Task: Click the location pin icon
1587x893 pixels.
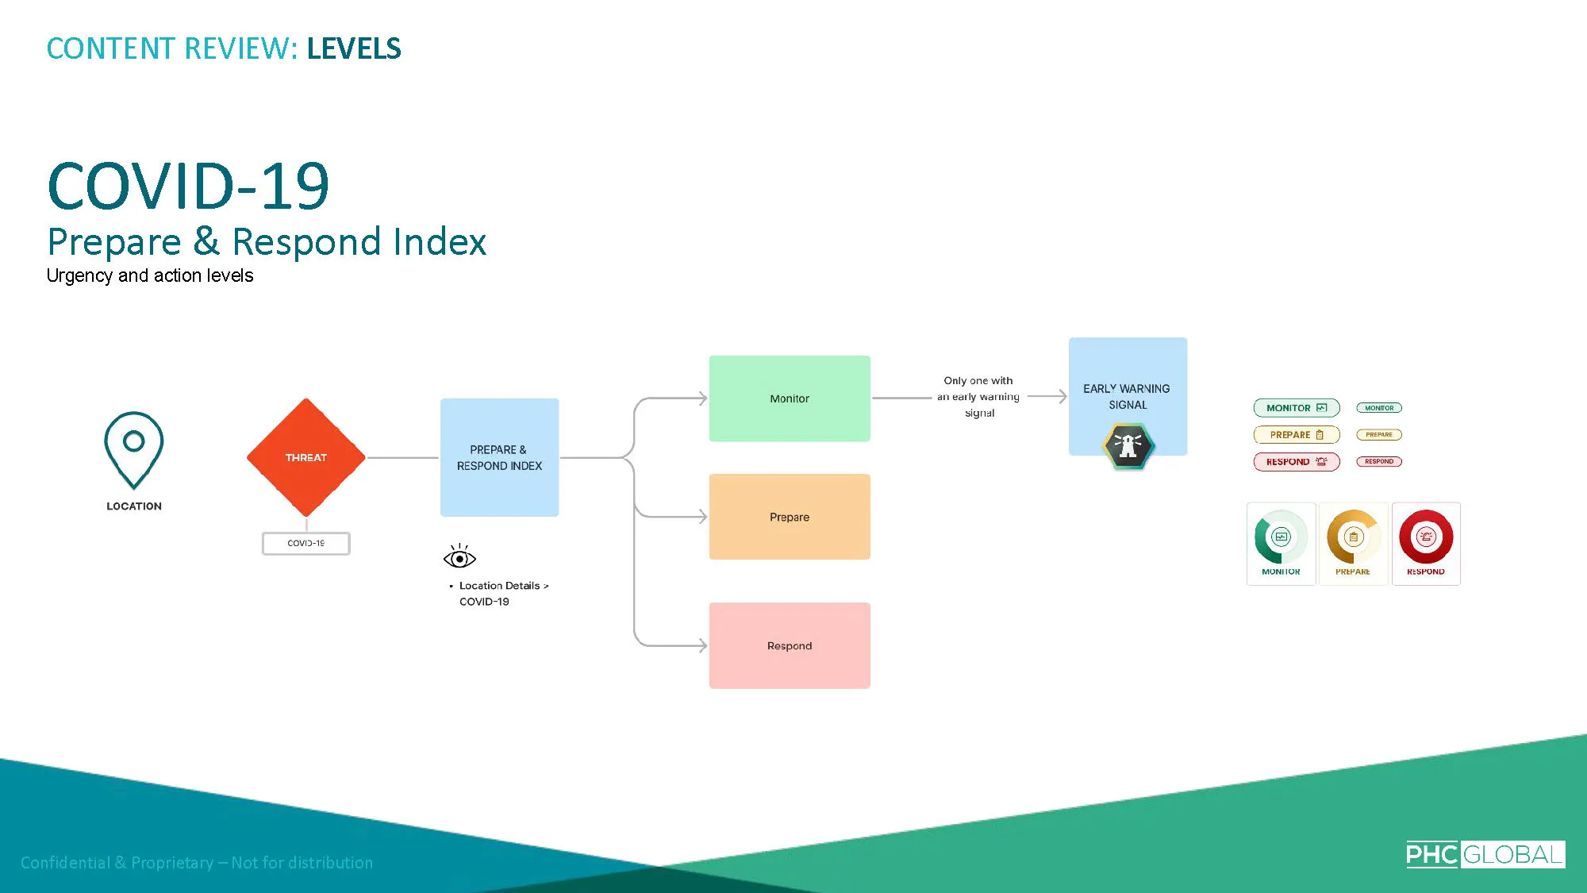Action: pyautogui.click(x=133, y=448)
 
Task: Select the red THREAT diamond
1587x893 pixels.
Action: pyautogui.click(x=305, y=457)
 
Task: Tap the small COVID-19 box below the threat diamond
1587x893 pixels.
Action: pyautogui.click(x=305, y=543)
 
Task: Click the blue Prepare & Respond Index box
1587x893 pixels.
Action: pyautogui.click(x=499, y=457)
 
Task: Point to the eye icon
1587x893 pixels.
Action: pyautogui.click(x=459, y=557)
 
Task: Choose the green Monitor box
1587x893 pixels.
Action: pyautogui.click(x=790, y=398)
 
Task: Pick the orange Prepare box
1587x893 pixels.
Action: pyautogui.click(x=790, y=517)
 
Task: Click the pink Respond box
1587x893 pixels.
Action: pyautogui.click(x=790, y=645)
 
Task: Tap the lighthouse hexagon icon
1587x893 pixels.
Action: pyautogui.click(x=1128, y=446)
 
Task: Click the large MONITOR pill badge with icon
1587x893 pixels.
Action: pyautogui.click(x=1296, y=408)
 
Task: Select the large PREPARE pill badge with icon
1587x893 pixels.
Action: pyautogui.click(x=1296, y=435)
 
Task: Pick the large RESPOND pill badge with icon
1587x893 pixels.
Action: pyautogui.click(x=1296, y=461)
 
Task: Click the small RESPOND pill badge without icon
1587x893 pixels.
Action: pyautogui.click(x=1379, y=461)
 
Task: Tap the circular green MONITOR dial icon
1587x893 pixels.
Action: pyautogui.click(x=1281, y=537)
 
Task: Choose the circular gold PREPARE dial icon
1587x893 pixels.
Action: pyautogui.click(x=1353, y=537)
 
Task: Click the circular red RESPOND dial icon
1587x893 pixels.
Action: pyautogui.click(x=1426, y=537)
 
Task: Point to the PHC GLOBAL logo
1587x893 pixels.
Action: pyautogui.click(x=1485, y=854)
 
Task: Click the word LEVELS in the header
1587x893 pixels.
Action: pyautogui.click(x=354, y=48)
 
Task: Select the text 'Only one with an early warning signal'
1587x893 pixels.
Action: pyautogui.click(x=978, y=397)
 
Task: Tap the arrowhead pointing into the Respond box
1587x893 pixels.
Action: pyautogui.click(x=702, y=645)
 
